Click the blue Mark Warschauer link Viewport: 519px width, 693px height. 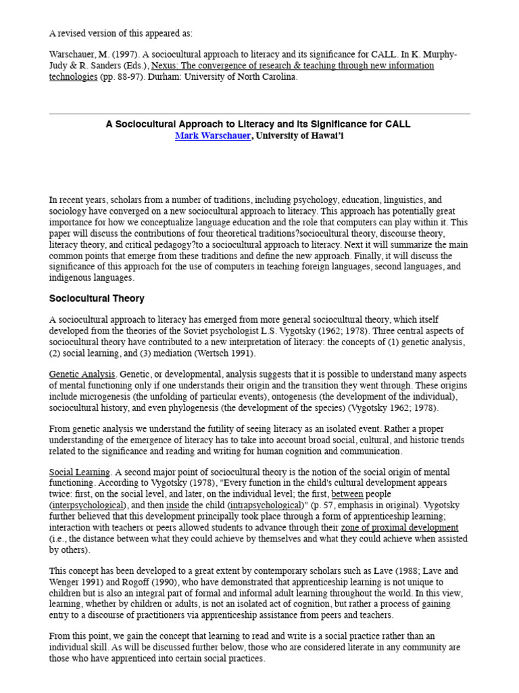213,136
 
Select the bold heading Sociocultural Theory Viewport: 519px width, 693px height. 97,298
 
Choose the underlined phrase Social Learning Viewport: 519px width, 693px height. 79,472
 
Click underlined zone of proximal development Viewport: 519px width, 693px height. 399,527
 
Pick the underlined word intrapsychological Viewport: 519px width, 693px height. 266,505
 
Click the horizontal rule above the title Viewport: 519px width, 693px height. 259,114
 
